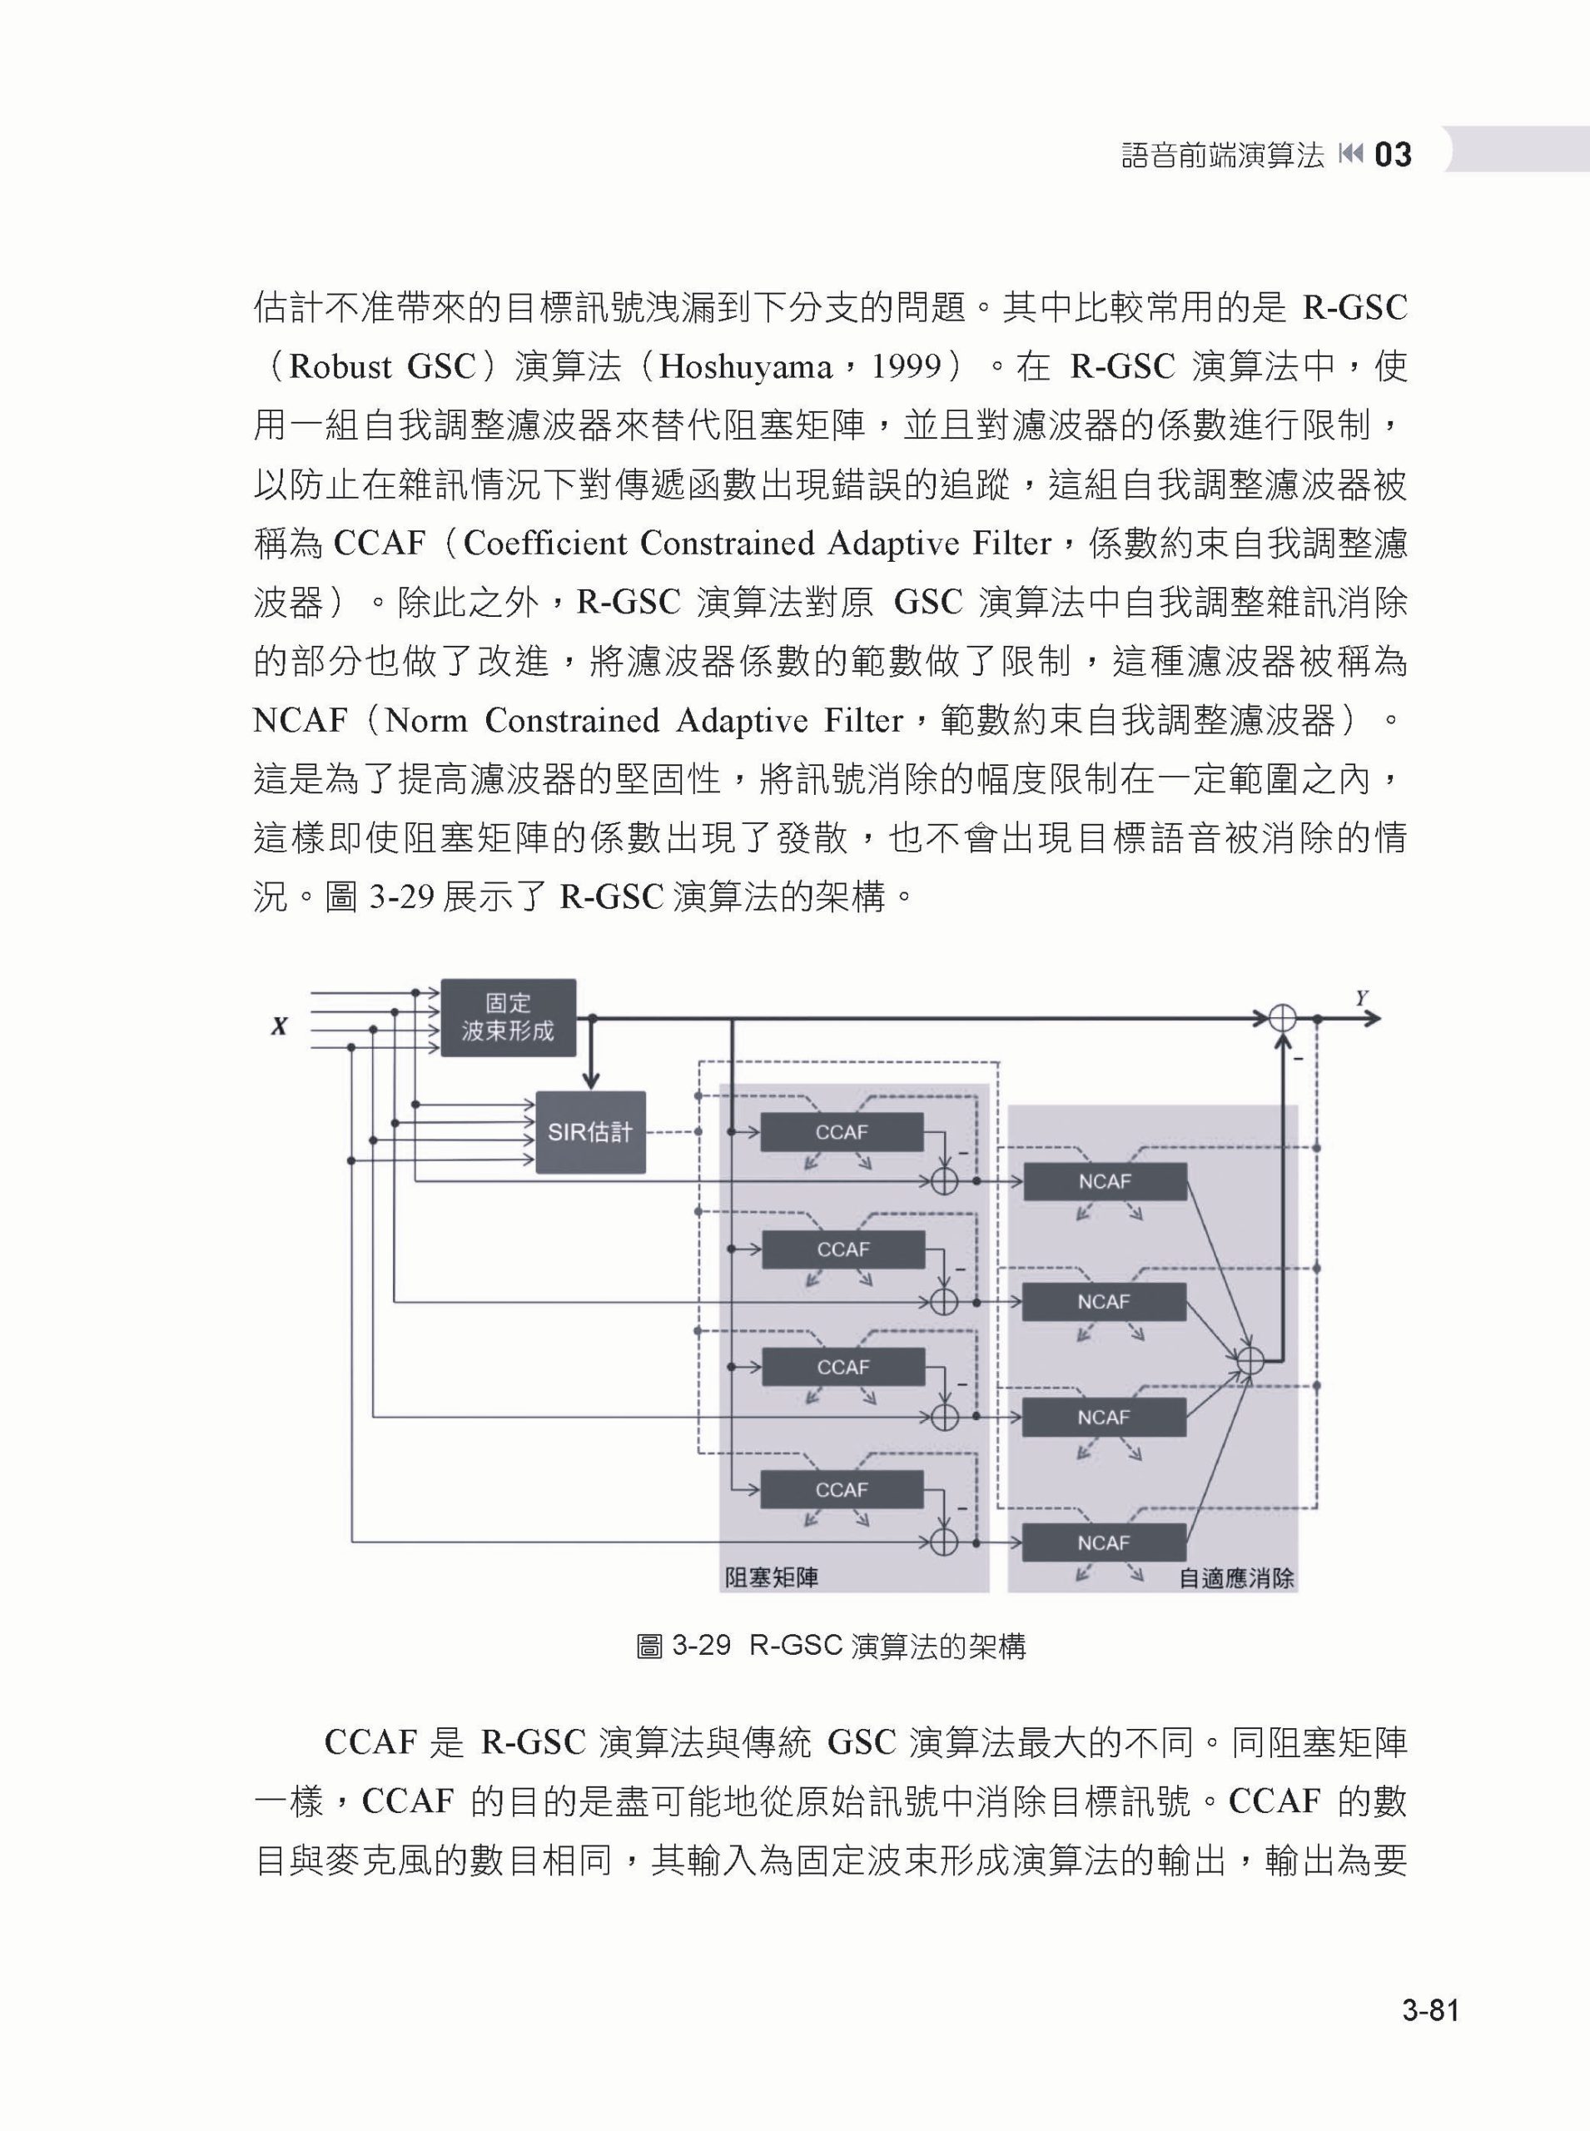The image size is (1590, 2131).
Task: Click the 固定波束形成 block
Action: (508, 1017)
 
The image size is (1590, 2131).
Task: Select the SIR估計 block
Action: (590, 1132)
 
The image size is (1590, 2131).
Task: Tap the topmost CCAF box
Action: (841, 1132)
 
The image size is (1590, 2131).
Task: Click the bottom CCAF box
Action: (841, 1490)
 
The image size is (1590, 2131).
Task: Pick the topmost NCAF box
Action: (1105, 1182)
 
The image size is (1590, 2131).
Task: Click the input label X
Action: (279, 1027)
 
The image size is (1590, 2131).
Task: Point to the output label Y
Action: (1362, 998)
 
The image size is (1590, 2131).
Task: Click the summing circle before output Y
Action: (1282, 1018)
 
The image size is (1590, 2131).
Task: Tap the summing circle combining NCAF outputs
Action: (1250, 1359)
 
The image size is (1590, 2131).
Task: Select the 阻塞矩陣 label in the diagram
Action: (771, 1577)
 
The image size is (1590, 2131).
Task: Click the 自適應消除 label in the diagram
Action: (1236, 1578)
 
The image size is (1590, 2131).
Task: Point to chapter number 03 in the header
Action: (1393, 154)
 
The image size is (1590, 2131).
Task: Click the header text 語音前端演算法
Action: (1222, 155)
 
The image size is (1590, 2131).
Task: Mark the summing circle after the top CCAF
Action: (944, 1180)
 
